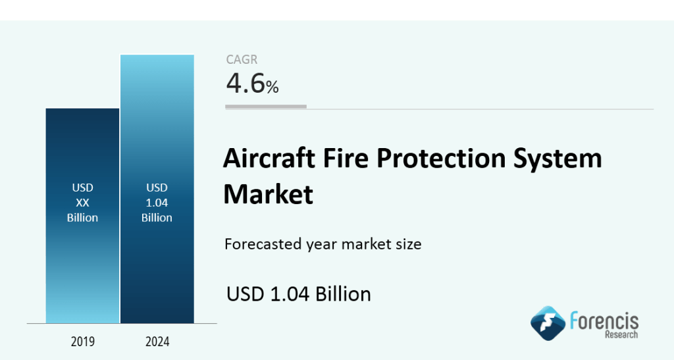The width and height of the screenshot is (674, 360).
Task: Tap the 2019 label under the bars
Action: pos(82,342)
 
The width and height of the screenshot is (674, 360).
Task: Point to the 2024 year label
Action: pos(157,342)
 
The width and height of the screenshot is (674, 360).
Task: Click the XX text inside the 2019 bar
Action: pos(82,203)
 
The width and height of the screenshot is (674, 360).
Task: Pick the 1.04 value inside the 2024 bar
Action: pos(157,203)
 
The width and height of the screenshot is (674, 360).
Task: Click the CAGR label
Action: pos(242,60)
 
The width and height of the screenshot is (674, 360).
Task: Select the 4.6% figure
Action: pos(252,84)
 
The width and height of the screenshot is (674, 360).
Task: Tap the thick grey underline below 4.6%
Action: pos(266,107)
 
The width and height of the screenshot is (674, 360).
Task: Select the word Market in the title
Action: pos(268,194)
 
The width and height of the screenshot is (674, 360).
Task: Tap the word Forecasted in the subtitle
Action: pos(262,245)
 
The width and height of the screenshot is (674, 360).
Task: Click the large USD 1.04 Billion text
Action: pos(299,294)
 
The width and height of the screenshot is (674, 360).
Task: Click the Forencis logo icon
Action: pos(548,323)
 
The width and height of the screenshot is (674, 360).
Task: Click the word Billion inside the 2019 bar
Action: pos(82,218)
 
